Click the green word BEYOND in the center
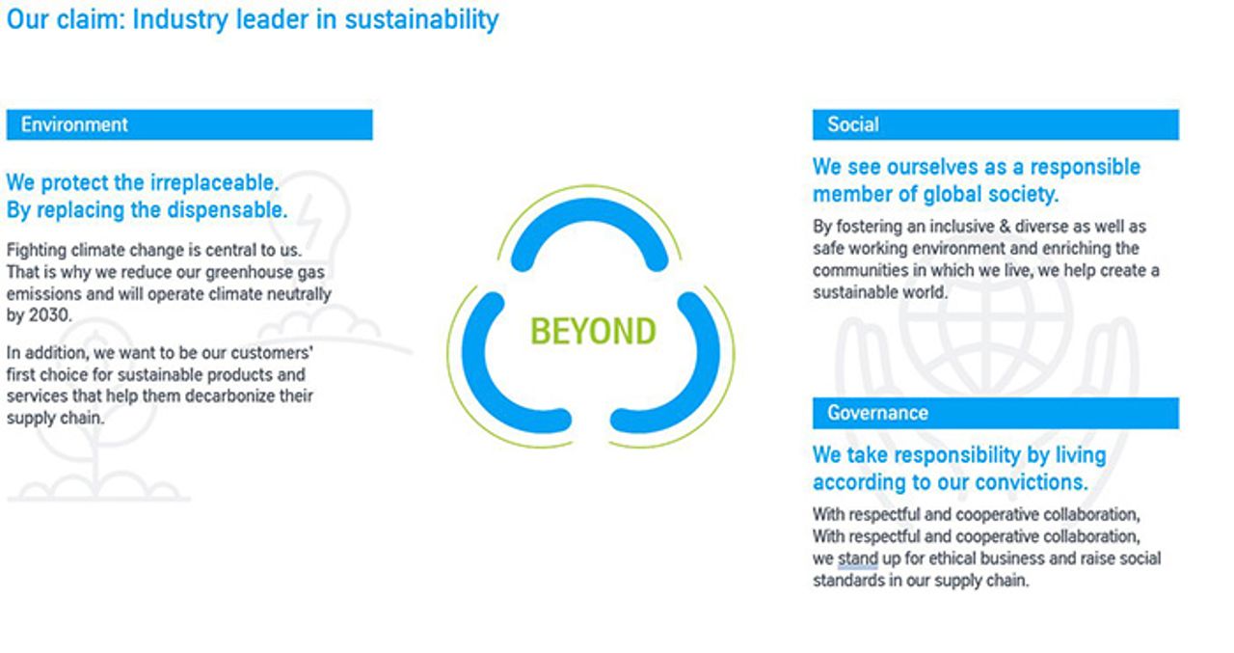point(593,332)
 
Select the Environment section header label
point(74,124)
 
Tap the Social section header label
point(852,124)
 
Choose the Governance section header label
point(877,413)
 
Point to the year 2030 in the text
point(50,315)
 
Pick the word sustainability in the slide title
point(421,18)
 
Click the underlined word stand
point(857,558)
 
